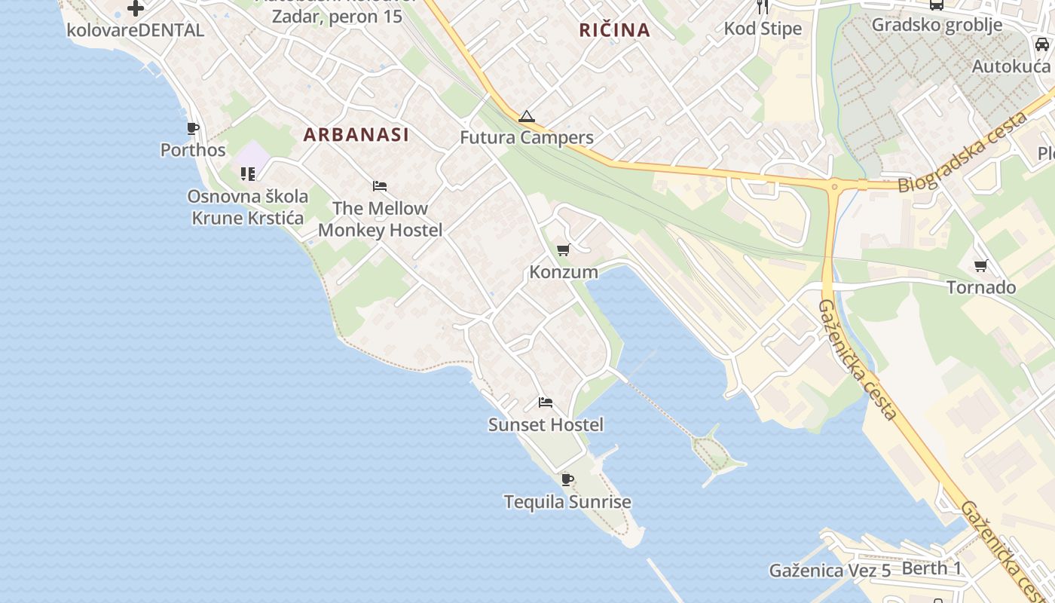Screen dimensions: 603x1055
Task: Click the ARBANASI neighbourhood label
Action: coord(356,135)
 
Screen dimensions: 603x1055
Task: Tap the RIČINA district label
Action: coord(614,30)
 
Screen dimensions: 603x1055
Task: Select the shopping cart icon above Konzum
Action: coord(563,250)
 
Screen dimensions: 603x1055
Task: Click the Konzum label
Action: coord(564,272)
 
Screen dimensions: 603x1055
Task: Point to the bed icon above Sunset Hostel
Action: coord(546,403)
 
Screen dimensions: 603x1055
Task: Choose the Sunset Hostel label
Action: coord(546,425)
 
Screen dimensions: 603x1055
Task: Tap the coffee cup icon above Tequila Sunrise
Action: coord(567,479)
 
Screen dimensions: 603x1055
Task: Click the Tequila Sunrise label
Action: coord(567,502)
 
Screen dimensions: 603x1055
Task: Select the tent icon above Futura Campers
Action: coord(526,116)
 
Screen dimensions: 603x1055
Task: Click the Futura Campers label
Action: coord(527,138)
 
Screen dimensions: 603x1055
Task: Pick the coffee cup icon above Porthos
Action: coord(193,128)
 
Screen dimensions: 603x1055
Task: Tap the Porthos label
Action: coord(193,150)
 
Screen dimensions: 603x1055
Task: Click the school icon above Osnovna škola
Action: coord(248,174)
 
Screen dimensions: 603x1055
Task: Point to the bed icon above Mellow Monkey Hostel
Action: coord(380,186)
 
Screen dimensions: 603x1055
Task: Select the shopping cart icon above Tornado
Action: coord(980,265)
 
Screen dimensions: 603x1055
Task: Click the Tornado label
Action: coord(981,288)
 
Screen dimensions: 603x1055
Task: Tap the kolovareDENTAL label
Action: coord(136,30)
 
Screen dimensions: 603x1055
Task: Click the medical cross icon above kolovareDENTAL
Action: coord(136,8)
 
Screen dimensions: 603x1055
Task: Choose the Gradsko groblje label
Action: coord(937,25)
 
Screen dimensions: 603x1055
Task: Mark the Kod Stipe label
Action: coord(763,29)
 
